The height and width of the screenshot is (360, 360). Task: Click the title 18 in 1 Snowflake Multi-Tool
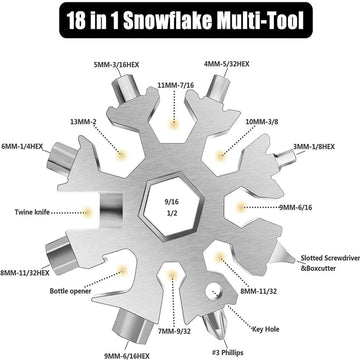click(180, 19)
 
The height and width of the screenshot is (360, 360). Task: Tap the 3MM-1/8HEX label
click(319, 146)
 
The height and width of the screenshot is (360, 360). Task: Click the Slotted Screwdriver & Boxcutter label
click(326, 263)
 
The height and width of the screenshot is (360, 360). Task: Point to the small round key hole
click(212, 292)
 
